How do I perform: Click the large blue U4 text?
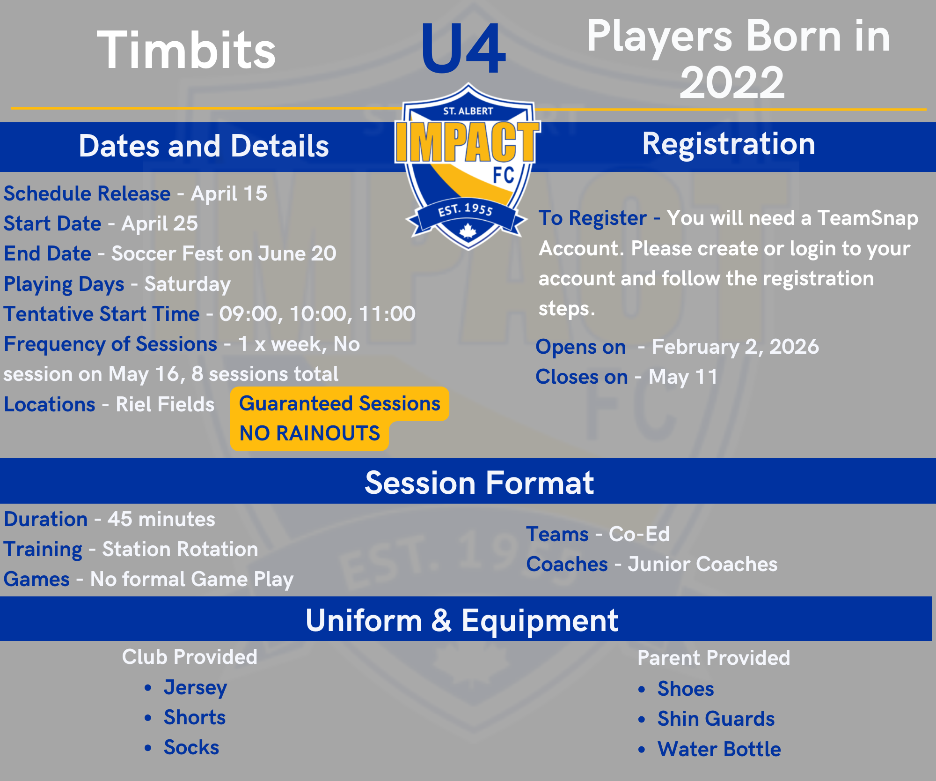(463, 49)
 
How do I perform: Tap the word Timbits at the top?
(187, 50)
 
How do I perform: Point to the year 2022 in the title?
(732, 82)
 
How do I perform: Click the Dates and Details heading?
(204, 146)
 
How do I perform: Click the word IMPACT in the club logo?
(468, 141)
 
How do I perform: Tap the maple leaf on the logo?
(468, 231)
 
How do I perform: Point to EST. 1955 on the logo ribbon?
(466, 209)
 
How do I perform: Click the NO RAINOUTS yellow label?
(309, 433)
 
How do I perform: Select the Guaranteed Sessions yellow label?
(340, 404)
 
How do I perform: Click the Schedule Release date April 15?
(229, 193)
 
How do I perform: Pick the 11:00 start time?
(387, 314)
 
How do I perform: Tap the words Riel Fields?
(165, 404)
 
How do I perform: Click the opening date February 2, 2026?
(735, 347)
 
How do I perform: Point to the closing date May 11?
(683, 377)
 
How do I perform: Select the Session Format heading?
(479, 483)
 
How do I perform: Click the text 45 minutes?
(161, 519)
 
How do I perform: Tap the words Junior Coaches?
(702, 564)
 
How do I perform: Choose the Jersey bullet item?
(195, 688)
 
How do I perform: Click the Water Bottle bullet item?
(719, 749)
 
